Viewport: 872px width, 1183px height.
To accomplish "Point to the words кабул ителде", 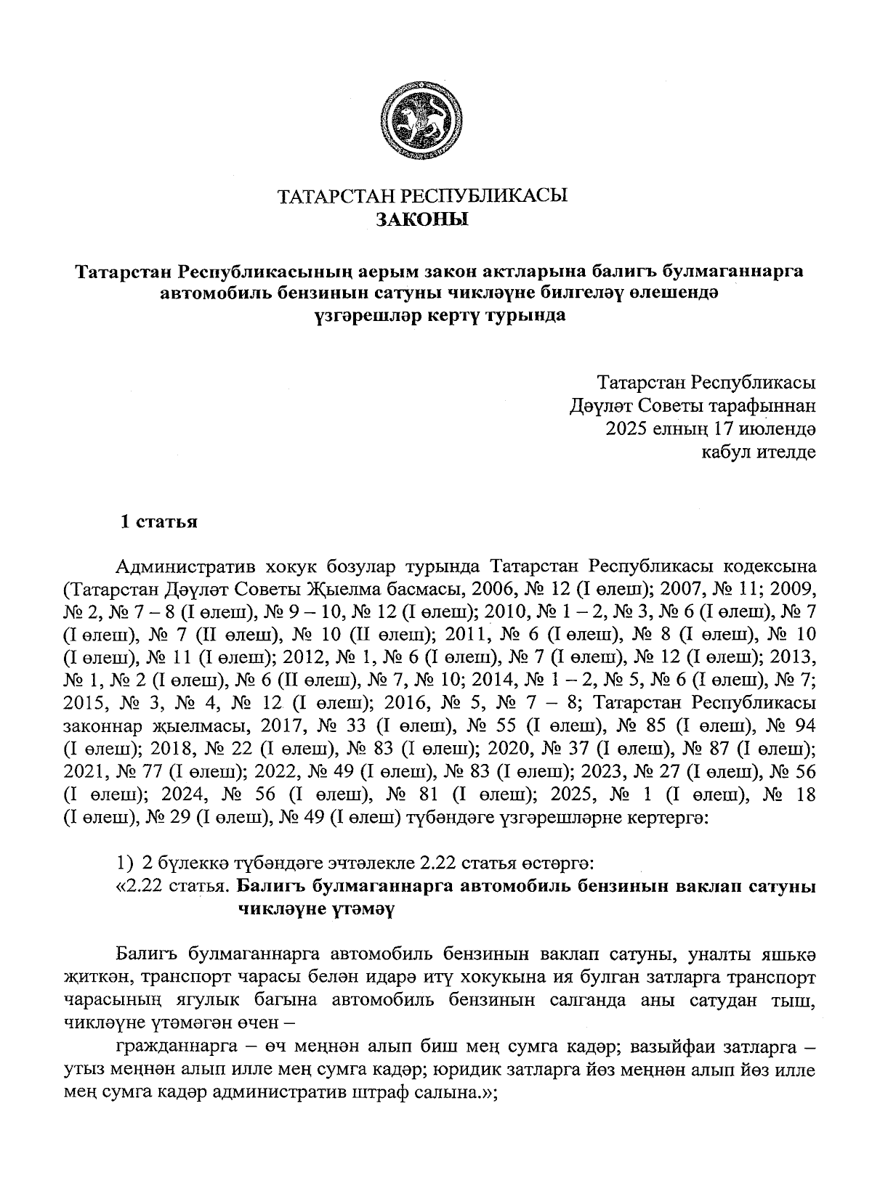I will pyautogui.click(x=757, y=452).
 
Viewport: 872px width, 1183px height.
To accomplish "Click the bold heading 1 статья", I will pyautogui.click(x=159, y=522).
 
